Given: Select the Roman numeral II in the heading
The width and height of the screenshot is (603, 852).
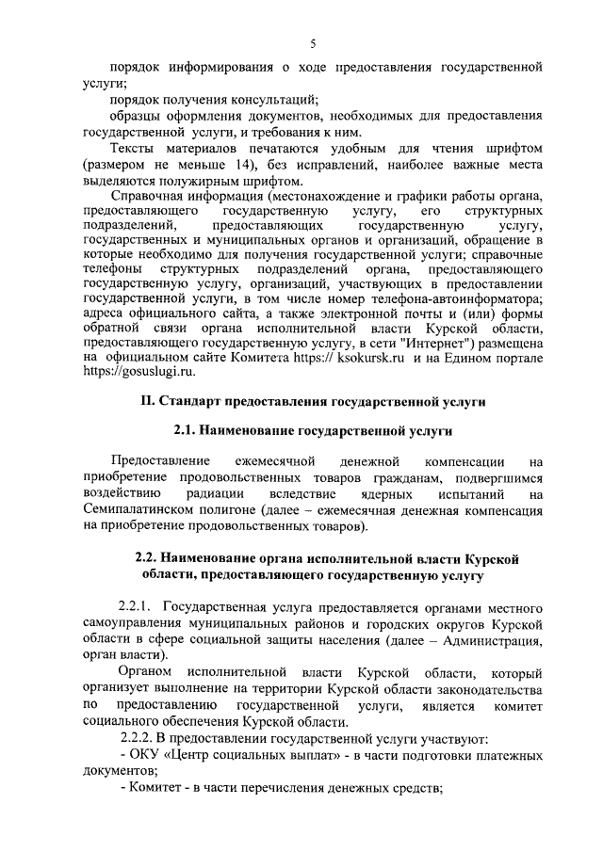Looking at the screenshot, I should pos(146,403).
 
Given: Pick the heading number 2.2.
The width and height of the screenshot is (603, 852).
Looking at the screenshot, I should pos(153,557).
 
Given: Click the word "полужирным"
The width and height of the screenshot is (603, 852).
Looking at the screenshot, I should pos(235,182).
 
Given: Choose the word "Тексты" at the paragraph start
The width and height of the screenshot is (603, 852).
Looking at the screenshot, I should pos(135,150).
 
